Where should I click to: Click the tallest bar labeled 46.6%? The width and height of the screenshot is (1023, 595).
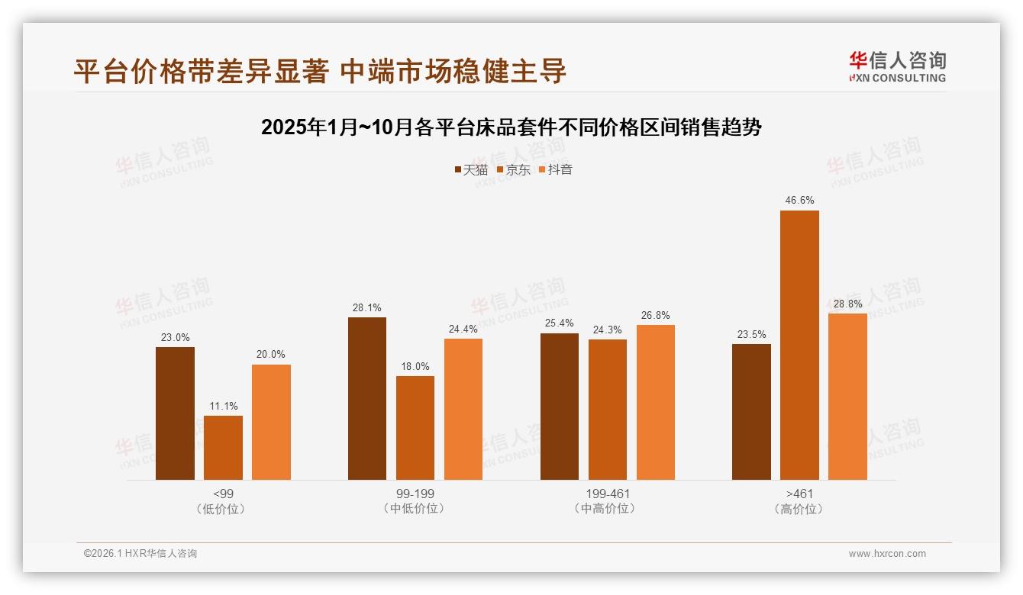[799, 345]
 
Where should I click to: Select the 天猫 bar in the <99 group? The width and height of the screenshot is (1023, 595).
[175, 413]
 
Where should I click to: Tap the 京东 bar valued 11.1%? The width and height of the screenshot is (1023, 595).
[223, 448]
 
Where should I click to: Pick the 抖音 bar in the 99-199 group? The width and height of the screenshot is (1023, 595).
[463, 409]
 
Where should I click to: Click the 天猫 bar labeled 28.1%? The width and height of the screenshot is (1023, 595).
[367, 398]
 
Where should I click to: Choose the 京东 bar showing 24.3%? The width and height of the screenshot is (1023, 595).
[608, 410]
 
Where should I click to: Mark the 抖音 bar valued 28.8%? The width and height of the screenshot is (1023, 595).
[847, 397]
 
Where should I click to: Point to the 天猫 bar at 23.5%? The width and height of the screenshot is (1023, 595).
[751, 412]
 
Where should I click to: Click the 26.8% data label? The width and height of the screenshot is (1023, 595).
[656, 315]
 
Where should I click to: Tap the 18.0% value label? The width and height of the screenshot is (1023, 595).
[415, 366]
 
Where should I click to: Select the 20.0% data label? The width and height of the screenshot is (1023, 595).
[271, 355]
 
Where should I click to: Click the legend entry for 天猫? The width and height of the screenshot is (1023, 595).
[471, 170]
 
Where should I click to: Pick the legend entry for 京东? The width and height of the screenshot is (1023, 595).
[513, 170]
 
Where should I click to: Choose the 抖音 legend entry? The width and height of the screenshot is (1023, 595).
[556, 170]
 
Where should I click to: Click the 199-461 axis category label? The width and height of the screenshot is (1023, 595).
[608, 494]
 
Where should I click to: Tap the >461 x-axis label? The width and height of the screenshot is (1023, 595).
[799, 494]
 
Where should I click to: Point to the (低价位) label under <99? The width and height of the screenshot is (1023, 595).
[223, 509]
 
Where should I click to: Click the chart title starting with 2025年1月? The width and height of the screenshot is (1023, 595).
[511, 127]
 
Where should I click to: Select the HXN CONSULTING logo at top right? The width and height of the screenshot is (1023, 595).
[897, 66]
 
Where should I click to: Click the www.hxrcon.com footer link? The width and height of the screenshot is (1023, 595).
[887, 554]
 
